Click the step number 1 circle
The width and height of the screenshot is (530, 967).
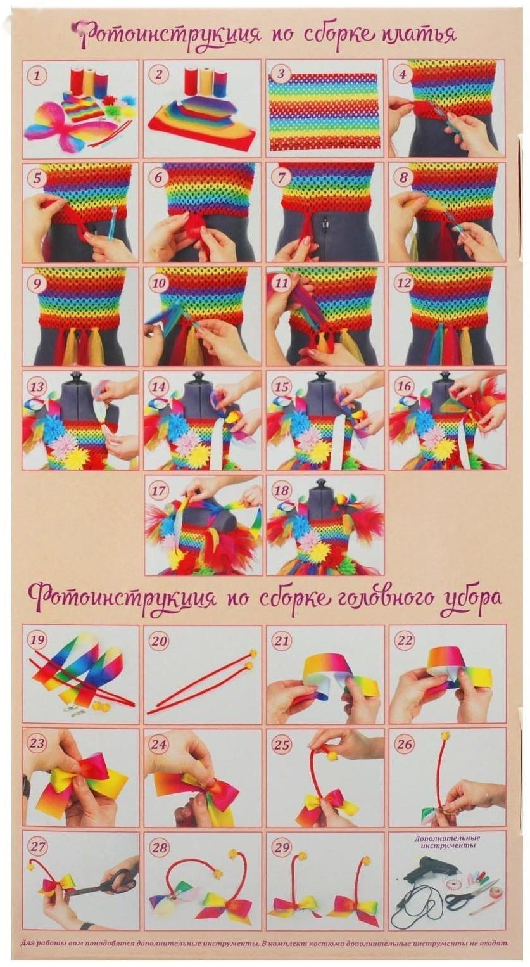click(37, 75)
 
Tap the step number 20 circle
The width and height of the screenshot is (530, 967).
click(159, 641)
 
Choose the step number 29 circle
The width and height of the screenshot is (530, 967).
click(281, 847)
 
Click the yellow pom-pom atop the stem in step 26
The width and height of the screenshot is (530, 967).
click(445, 737)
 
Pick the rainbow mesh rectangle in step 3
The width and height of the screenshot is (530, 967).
click(324, 110)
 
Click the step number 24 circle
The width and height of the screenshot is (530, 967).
click(159, 743)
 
